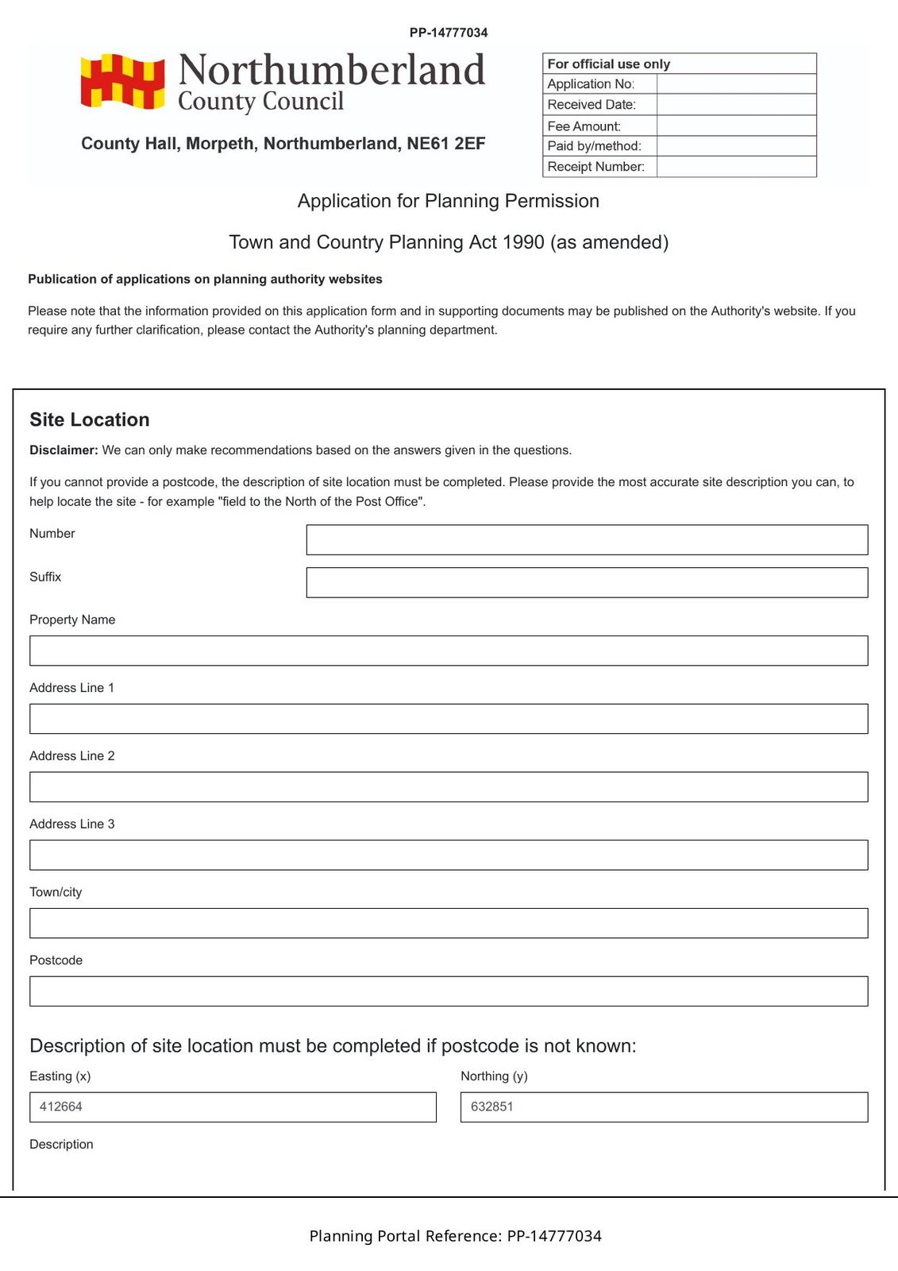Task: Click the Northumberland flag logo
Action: [122, 81]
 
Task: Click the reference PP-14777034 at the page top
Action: [449, 33]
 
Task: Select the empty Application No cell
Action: [736, 84]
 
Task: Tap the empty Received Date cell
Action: [736, 105]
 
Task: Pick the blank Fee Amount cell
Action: [736, 126]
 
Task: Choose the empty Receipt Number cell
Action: [736, 167]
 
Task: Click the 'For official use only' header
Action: [609, 64]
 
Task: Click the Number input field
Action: [587, 539]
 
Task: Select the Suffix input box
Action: [587, 582]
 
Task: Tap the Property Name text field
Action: [449, 651]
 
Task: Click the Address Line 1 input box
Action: [449, 719]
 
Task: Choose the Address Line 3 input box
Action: [449, 855]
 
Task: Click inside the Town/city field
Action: [449, 923]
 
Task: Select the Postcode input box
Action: [449, 991]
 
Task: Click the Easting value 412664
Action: [61, 1107]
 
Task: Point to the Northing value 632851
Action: [492, 1107]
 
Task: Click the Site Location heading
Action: [90, 419]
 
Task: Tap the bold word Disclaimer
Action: [64, 450]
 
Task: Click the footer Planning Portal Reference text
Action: [455, 1236]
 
